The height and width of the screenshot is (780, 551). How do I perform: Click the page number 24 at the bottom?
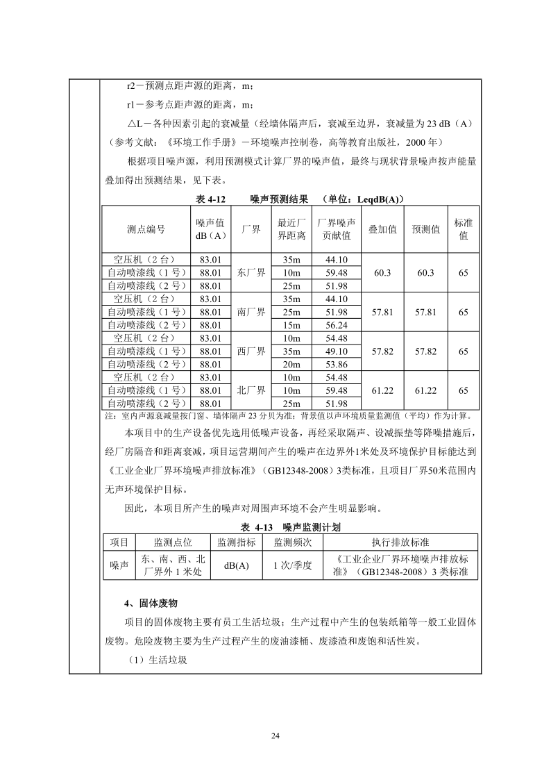[275, 736]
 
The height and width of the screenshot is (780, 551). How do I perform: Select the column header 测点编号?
[146, 229]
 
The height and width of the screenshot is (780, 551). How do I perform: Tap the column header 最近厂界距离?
[291, 229]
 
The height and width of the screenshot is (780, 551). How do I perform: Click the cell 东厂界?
[251, 273]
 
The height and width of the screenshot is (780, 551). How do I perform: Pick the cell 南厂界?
[251, 312]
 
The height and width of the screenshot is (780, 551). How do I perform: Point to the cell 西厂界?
[251, 351]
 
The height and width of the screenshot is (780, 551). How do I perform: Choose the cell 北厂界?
[251, 390]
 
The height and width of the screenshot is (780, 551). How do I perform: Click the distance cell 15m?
[291, 325]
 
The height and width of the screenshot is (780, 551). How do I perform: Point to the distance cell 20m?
[291, 364]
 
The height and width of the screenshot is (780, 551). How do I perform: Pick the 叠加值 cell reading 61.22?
[383, 390]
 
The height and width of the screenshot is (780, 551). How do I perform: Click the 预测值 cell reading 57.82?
[426, 351]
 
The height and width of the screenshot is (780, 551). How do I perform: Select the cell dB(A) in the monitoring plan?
[237, 565]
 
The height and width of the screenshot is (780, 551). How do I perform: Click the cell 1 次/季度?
[292, 565]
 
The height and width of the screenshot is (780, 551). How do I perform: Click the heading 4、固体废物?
[151, 603]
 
